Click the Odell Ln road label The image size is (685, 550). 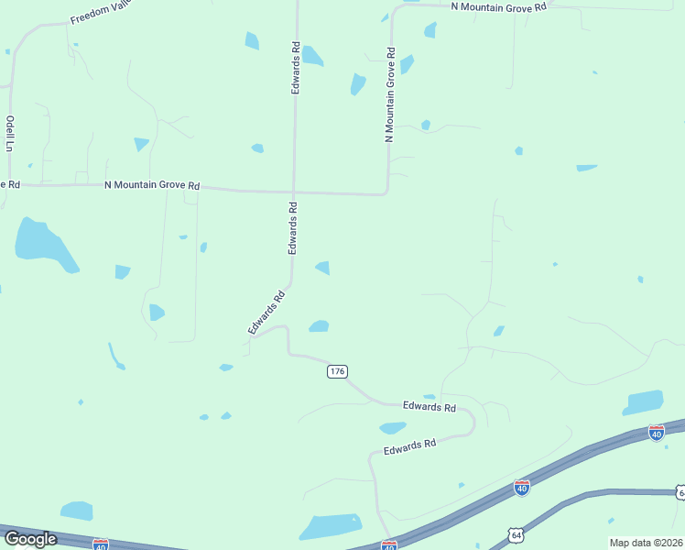coord(10,133)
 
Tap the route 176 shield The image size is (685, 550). coord(337,371)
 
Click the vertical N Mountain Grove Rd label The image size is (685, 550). coord(390,95)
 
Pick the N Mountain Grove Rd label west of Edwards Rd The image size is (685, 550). coord(152,185)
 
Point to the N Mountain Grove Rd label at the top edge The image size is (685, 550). coord(498,5)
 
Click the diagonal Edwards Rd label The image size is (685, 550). coord(266,312)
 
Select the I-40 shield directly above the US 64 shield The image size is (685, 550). coord(522,488)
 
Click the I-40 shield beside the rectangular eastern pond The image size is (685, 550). coord(656,431)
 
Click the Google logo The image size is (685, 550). coord(30,539)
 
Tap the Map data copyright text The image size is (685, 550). coord(645,543)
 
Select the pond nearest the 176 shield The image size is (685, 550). coord(319,326)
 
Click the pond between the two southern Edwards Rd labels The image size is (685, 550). coord(393,427)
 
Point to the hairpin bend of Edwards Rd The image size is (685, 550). coord(472,423)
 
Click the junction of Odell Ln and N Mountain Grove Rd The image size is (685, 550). coord(10,183)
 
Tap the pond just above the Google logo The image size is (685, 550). coord(77,511)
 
